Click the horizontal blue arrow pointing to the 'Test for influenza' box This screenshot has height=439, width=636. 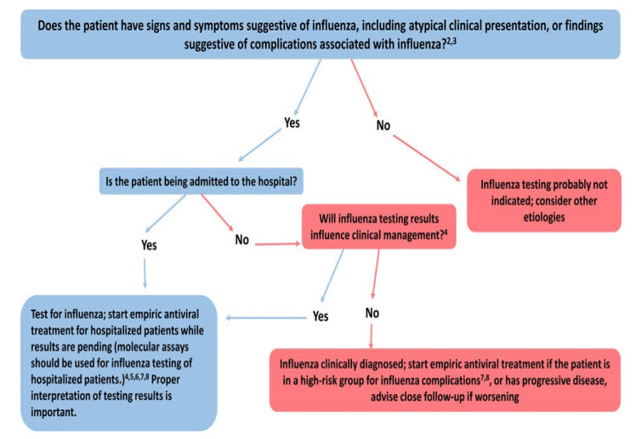point(259,315)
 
